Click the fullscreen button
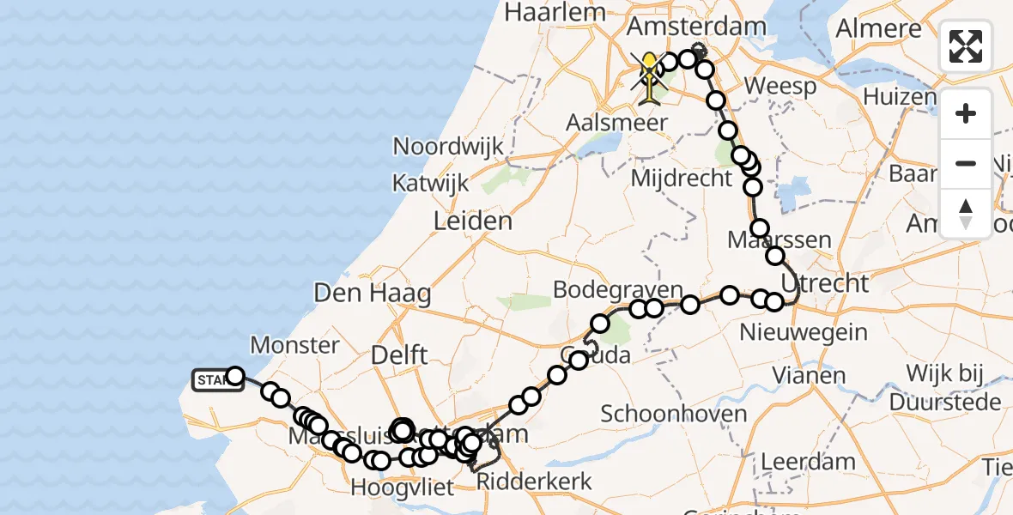966,46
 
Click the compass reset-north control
966,214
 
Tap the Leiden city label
472,221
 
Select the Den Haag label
373,294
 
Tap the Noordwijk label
448,146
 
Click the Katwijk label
431,183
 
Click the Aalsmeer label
616,123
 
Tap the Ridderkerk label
535,482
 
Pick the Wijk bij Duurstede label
944,388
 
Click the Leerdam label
808,462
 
